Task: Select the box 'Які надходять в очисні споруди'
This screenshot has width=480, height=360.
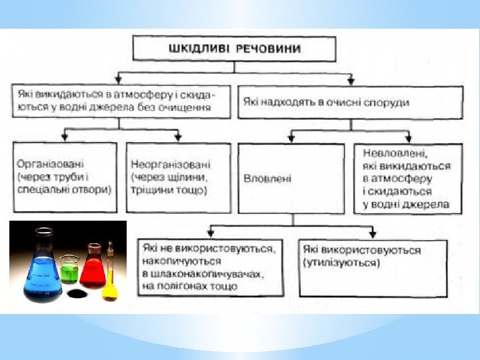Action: tap(350, 102)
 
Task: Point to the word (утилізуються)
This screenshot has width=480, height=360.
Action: tap(341, 263)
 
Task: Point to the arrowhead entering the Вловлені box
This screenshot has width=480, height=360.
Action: tap(291, 139)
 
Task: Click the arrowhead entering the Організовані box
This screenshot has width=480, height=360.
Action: tap(65, 138)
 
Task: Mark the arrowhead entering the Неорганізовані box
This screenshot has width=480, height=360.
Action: tap(178, 138)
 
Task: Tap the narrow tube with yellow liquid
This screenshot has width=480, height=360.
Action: tap(110, 277)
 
